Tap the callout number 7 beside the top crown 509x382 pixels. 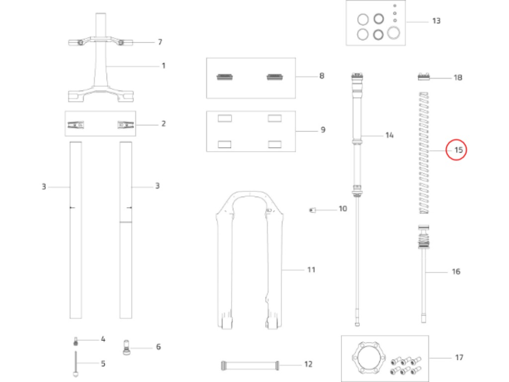[160, 42]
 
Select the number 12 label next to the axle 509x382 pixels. [308, 364]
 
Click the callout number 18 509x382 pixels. [458, 77]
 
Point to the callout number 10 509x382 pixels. [343, 208]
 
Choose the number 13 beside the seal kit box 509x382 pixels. [436, 21]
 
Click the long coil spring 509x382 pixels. [425, 153]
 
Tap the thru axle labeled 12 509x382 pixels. [250, 365]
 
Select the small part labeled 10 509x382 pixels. [313, 210]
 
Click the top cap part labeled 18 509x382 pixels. [423, 77]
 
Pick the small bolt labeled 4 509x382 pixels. [76, 341]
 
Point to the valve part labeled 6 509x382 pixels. [126, 347]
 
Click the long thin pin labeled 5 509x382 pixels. [76, 364]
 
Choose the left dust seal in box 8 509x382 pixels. [224, 77]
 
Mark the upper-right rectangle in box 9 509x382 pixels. [275, 118]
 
